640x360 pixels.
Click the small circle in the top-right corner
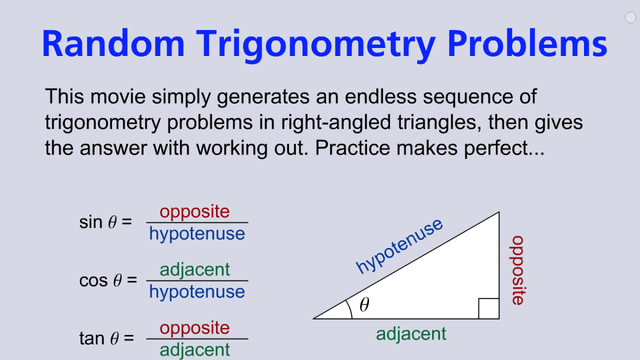click(x=630, y=18)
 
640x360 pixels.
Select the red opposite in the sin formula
click(x=195, y=212)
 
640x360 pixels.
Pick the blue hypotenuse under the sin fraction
click(x=197, y=234)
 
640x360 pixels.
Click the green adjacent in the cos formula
click(x=195, y=269)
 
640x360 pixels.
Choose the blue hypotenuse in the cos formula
click(x=197, y=292)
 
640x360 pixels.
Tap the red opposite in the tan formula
click(x=195, y=328)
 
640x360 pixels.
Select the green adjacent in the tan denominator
click(x=195, y=350)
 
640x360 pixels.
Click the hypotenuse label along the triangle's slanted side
click(x=399, y=246)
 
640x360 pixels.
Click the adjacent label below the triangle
click(x=411, y=334)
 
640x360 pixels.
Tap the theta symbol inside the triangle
click(x=364, y=305)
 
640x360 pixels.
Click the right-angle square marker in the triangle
click(x=489, y=309)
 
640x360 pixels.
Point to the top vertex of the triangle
click(x=499, y=212)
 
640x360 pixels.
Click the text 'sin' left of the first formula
click(x=91, y=222)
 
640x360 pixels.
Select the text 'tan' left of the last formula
click(x=91, y=338)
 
